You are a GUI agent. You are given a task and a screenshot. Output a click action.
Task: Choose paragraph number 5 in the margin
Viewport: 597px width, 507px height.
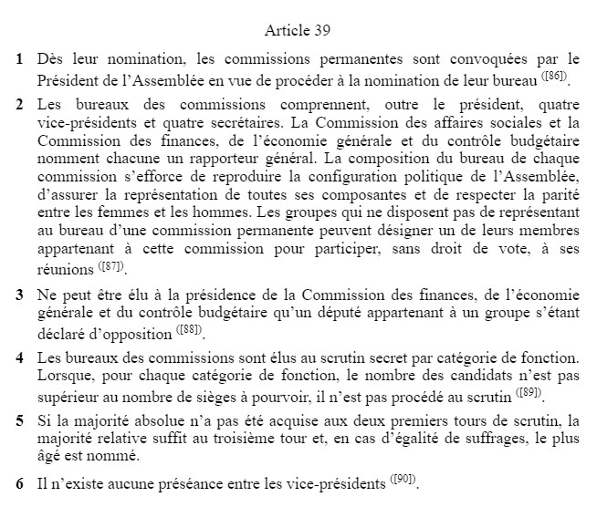pyautogui.click(x=19, y=420)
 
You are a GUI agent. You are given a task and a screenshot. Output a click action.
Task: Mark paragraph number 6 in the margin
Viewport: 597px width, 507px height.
pyautogui.click(x=19, y=482)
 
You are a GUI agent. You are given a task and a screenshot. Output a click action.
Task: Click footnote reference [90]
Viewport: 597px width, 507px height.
pyautogui.click(x=405, y=479)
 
